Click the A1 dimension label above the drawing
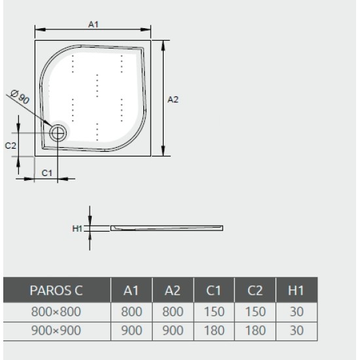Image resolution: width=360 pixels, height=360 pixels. pyautogui.click(x=93, y=24)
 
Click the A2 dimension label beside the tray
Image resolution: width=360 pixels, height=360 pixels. pyautogui.click(x=173, y=99)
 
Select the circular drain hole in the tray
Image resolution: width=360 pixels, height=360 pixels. pyautogui.click(x=58, y=132)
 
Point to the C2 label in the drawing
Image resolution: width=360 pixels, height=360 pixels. pyautogui.click(x=10, y=146)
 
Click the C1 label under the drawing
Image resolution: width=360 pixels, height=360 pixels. pyautogui.click(x=47, y=173)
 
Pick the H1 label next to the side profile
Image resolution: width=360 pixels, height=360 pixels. pyautogui.click(x=77, y=228)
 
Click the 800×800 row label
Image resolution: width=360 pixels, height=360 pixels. pyautogui.click(x=57, y=313)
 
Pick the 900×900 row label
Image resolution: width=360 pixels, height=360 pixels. pyautogui.click(x=57, y=331)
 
